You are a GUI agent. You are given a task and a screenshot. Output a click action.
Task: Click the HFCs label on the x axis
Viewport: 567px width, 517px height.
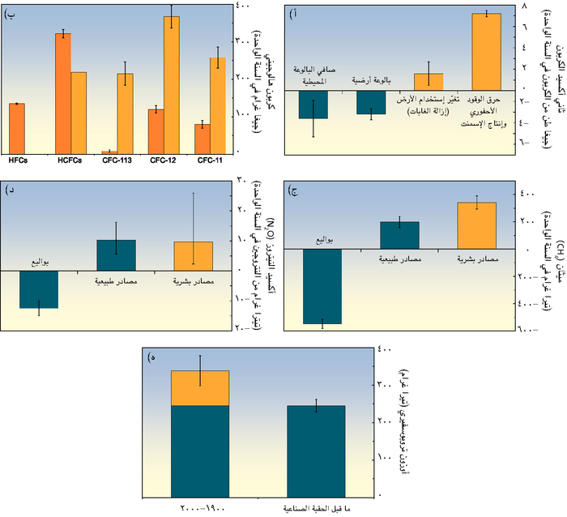coord(18,160)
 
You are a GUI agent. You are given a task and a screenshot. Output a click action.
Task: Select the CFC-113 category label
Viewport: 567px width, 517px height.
coord(118,160)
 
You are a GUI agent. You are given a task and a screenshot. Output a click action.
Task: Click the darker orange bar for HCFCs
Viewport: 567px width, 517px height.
coord(63,93)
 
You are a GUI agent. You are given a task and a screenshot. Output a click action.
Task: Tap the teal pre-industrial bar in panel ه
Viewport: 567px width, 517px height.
coord(316,451)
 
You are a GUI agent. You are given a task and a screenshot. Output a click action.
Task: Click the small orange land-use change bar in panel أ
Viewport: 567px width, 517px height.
coord(428,82)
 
